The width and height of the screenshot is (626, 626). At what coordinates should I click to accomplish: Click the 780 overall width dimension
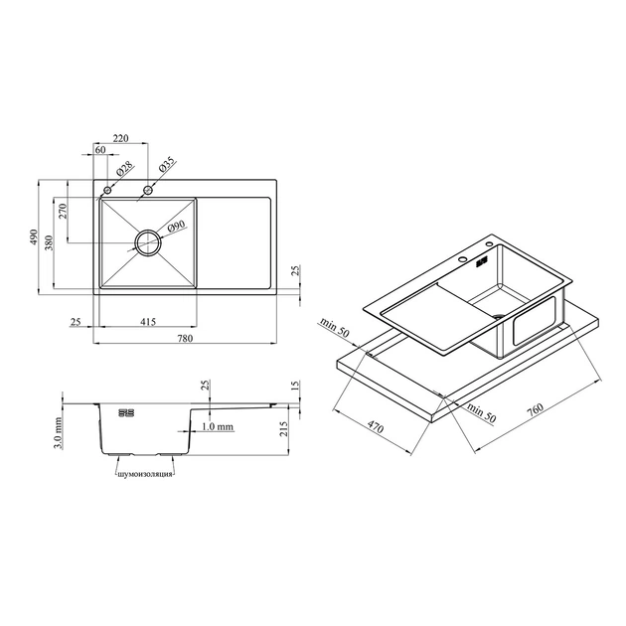click(185, 338)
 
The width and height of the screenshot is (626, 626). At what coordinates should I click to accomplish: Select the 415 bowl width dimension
click(148, 321)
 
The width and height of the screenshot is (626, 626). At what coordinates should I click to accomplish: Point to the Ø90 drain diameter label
click(176, 227)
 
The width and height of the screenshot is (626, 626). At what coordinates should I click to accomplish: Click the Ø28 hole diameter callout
click(125, 170)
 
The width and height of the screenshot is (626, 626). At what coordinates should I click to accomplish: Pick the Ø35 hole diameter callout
click(167, 165)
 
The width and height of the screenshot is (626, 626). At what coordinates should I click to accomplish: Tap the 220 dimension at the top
click(120, 138)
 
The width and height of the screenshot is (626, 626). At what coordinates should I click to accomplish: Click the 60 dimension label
click(100, 149)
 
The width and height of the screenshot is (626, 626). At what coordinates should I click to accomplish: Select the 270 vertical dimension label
click(63, 212)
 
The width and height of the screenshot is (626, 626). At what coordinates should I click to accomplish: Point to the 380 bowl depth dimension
click(49, 242)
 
